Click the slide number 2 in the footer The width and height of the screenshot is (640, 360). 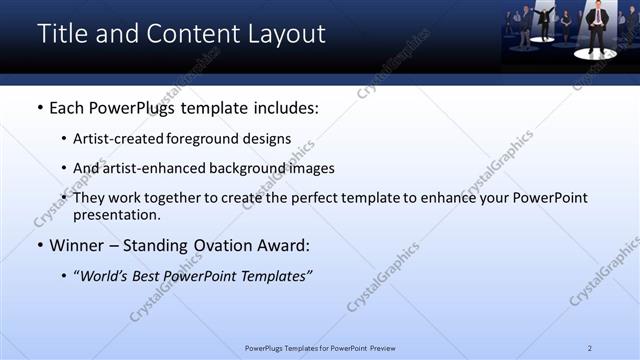click(x=590, y=347)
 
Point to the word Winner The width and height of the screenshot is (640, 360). click(x=78, y=243)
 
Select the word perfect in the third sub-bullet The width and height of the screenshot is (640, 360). click(x=309, y=198)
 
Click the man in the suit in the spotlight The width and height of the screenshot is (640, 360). click(x=598, y=28)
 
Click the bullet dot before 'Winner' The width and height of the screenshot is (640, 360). click(x=40, y=244)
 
